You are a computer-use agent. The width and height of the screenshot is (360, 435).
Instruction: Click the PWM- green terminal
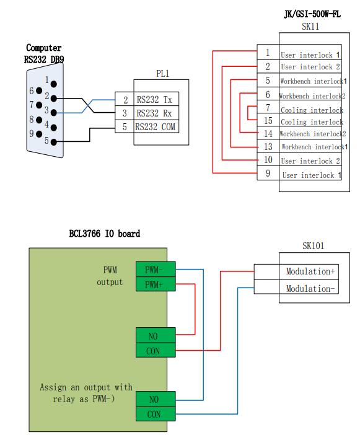tap(156, 269)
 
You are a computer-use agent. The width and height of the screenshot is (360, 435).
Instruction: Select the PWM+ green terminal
tap(156, 284)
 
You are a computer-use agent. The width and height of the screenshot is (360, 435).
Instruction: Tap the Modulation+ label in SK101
tap(310, 271)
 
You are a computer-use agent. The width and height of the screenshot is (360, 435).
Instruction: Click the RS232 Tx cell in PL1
tap(154, 99)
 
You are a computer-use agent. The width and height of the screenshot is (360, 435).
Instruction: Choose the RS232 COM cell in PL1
tap(155, 127)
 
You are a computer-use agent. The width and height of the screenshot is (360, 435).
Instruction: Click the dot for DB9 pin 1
tap(54, 84)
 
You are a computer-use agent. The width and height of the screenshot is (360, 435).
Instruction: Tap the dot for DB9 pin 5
tap(54, 143)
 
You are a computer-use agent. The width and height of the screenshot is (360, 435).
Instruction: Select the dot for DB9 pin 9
tap(39, 134)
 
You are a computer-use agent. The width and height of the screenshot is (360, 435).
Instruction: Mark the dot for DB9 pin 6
tap(39, 90)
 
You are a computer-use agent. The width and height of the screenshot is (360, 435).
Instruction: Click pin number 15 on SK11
tap(268, 120)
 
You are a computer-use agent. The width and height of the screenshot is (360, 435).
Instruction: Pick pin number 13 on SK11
tap(268, 146)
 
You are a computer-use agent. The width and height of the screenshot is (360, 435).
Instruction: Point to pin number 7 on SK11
tap(268, 107)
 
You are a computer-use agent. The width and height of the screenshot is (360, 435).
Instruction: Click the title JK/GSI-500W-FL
tap(312, 14)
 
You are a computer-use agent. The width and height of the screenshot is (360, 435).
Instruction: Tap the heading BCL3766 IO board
tap(104, 234)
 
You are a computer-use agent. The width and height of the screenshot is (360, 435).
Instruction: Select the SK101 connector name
tap(313, 245)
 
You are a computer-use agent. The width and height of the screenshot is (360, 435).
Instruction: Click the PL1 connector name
tap(162, 74)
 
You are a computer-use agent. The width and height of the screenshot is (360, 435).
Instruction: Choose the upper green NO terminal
tap(156, 335)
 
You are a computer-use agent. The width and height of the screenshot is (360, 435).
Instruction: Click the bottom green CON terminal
tap(156, 414)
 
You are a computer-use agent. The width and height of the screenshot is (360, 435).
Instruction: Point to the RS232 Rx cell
tap(154, 113)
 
